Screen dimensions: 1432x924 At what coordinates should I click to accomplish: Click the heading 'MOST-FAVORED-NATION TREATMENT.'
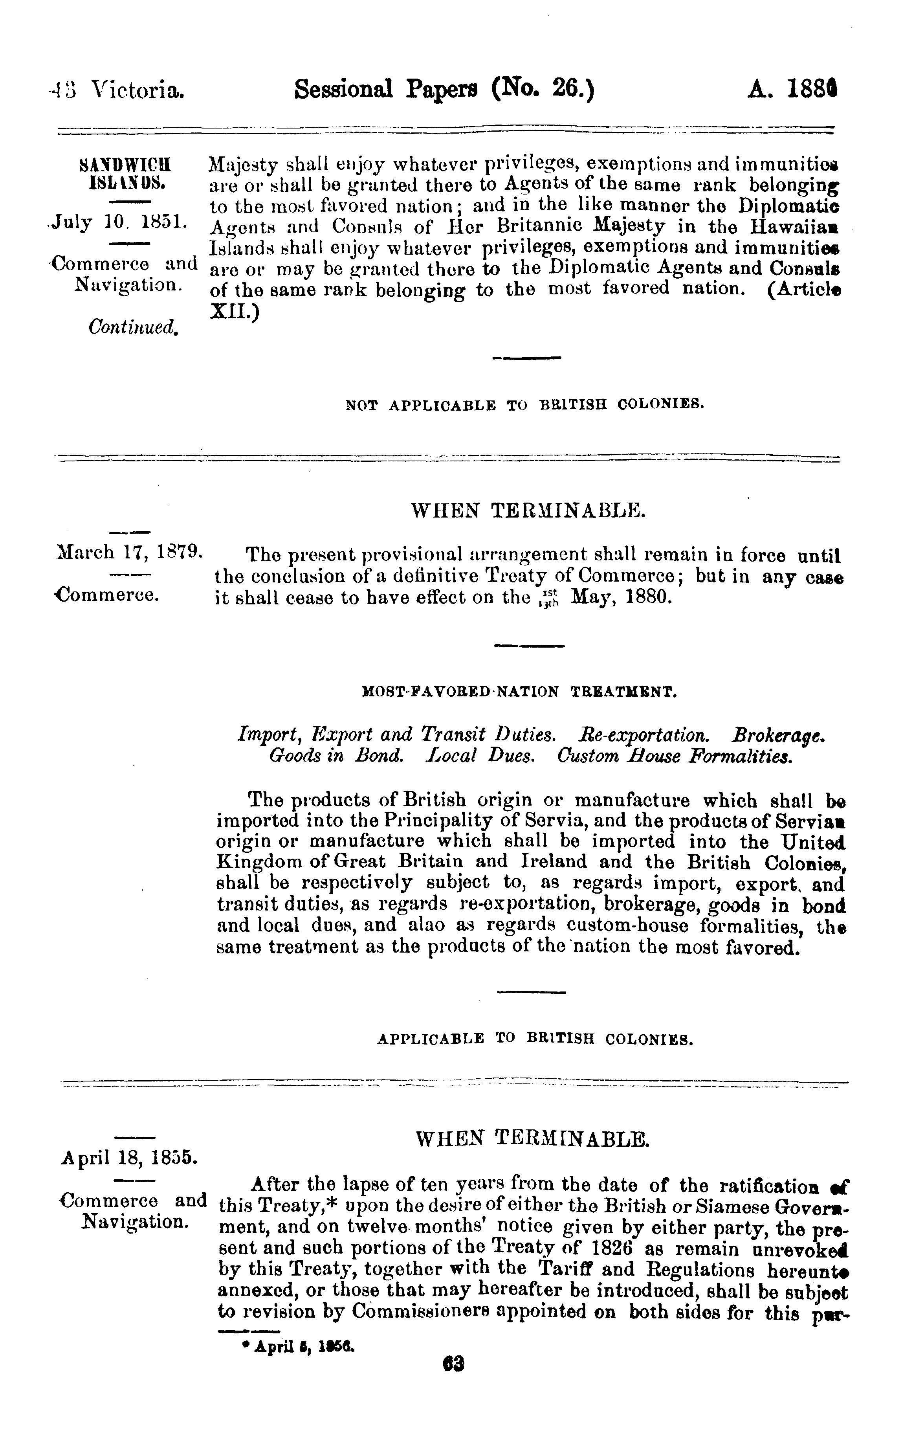[520, 692]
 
